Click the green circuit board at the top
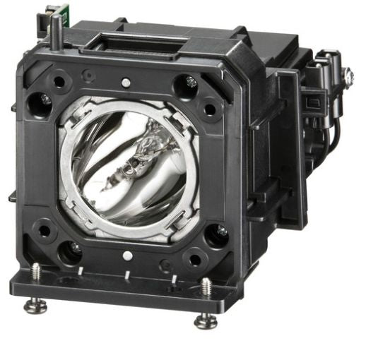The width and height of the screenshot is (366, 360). pos(50,13)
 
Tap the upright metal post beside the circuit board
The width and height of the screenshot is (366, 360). pos(56,31)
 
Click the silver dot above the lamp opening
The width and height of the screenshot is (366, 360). pos(126,83)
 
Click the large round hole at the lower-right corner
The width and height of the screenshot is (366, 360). pos(215,236)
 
